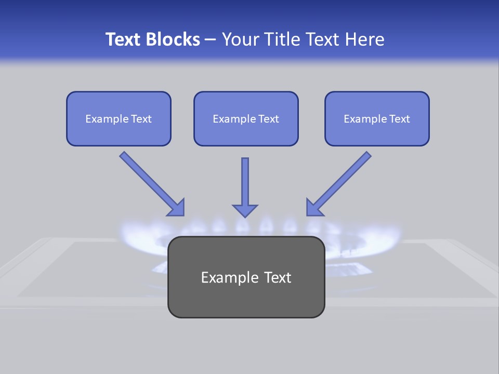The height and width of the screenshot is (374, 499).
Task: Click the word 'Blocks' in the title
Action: [x=175, y=39]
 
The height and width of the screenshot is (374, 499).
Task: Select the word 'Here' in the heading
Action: [x=364, y=39]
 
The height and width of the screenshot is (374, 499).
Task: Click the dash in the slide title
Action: [x=211, y=40]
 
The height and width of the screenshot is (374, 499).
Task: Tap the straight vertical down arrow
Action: [x=245, y=182]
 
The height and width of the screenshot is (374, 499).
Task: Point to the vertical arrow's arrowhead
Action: [x=245, y=210]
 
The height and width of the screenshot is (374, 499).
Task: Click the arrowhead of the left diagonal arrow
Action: [x=177, y=208]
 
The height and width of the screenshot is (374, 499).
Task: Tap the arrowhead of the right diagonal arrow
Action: [x=314, y=208]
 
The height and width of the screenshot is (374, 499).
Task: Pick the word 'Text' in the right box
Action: [x=399, y=119]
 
